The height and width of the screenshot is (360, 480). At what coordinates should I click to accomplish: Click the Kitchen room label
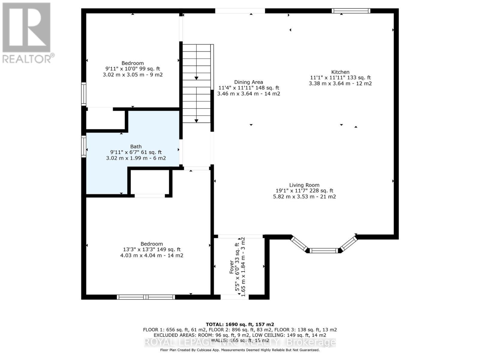pos(340,72)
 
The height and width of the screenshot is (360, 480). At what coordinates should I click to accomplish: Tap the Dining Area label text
pos(248,82)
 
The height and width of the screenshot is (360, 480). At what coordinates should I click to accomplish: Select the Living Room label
pos(304,185)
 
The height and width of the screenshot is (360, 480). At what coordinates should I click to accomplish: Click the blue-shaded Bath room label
pos(136,146)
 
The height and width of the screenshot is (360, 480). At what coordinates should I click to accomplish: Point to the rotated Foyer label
pos(231,267)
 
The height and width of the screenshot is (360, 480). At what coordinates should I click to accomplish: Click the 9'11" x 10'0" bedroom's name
pos(133,63)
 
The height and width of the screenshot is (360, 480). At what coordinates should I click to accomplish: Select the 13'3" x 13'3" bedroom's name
pos(151,244)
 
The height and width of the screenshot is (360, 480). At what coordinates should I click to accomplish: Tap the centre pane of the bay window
pos(324,250)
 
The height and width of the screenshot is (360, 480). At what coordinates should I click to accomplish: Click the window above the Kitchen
pos(351,11)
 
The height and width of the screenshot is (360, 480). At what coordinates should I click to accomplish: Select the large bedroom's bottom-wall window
pos(146,297)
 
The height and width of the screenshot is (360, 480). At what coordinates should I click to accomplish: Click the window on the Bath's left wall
pos(84,146)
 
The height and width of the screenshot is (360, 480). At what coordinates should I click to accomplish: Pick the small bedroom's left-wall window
pos(84,94)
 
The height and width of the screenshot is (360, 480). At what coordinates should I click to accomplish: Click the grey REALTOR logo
pos(27,33)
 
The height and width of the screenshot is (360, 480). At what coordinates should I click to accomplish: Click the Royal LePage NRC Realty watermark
pos(240,342)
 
